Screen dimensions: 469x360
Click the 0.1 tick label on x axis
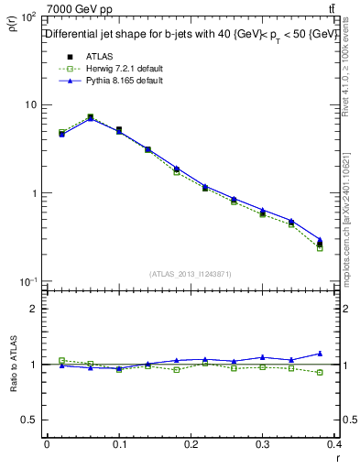119,444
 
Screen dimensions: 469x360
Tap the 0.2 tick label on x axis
191,444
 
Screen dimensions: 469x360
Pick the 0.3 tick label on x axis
264,444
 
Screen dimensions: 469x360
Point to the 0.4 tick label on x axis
334,444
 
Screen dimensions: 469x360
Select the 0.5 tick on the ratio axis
30,420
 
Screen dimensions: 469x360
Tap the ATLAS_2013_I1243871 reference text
191,274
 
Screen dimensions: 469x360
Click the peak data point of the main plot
90,117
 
